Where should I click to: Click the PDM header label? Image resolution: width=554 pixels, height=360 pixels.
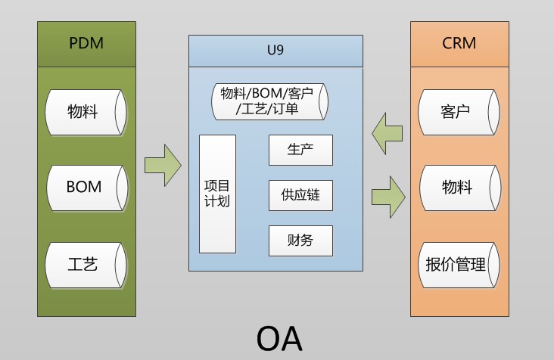point(86,42)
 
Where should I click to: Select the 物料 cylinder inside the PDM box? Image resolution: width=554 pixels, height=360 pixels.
point(85,113)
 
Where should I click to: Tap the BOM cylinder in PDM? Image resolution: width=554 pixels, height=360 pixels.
point(85,188)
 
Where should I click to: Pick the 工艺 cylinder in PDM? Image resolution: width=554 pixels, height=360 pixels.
point(85,265)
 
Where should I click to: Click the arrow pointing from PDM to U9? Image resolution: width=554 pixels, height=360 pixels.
point(163,163)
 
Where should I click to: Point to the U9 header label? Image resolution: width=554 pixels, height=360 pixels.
point(275,51)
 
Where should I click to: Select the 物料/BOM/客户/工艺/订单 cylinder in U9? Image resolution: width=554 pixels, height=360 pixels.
point(271,101)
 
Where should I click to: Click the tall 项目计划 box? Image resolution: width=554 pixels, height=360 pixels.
point(217,194)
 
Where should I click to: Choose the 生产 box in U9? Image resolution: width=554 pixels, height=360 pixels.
point(300,150)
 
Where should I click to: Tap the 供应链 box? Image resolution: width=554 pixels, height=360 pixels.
point(300,195)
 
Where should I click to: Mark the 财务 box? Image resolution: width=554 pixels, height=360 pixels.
point(300,241)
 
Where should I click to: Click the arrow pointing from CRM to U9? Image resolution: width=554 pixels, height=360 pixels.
point(387,133)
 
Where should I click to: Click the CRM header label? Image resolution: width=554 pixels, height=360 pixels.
point(459,42)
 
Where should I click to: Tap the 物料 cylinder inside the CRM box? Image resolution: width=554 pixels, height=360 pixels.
point(459,188)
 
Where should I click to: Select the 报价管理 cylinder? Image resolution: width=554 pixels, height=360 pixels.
point(459,265)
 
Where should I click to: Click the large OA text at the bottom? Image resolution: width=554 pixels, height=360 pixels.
point(279,338)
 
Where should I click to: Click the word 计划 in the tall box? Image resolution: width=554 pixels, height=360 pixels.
point(217,201)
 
